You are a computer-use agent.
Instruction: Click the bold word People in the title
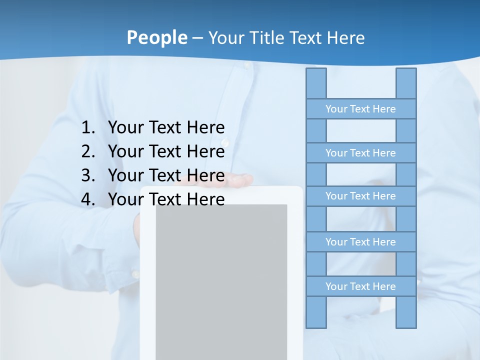pyautogui.click(x=156, y=37)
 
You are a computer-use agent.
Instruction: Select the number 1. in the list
pyautogui.click(x=87, y=127)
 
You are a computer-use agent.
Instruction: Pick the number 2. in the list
pyautogui.click(x=87, y=151)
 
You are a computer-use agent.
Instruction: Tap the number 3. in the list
pyautogui.click(x=87, y=175)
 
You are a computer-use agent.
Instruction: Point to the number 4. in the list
pyautogui.click(x=87, y=199)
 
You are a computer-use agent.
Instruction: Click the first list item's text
pyautogui.click(x=166, y=127)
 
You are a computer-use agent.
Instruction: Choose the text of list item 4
pyautogui.click(x=166, y=199)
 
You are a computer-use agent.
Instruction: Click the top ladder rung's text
pyautogui.click(x=360, y=109)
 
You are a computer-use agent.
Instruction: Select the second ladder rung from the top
pyautogui.click(x=360, y=153)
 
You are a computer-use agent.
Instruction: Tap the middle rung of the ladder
pyautogui.click(x=360, y=196)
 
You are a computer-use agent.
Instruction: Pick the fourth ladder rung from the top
pyautogui.click(x=360, y=242)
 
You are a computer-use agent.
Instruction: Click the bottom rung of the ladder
pyautogui.click(x=360, y=286)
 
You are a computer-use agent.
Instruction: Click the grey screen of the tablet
pyautogui.click(x=221, y=280)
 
